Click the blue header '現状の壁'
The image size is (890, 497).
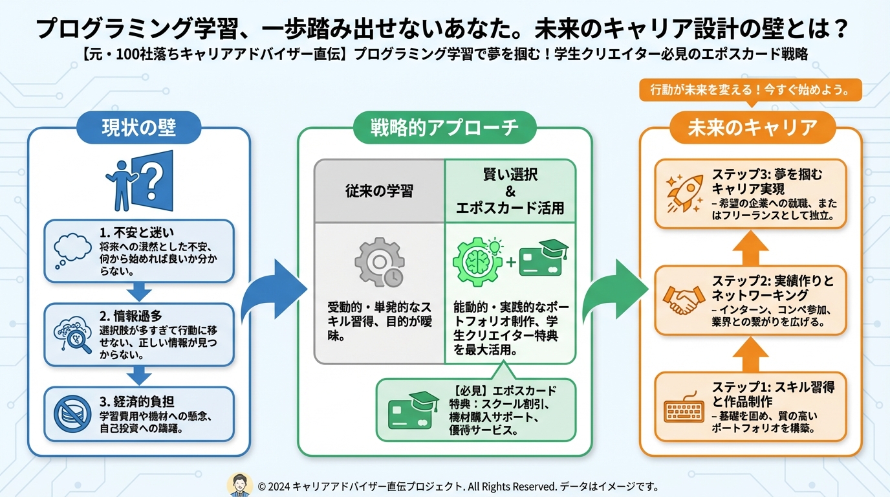point(138,127)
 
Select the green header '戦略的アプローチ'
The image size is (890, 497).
point(444,127)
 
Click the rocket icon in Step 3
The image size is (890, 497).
point(684,192)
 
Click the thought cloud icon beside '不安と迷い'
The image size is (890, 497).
point(71,250)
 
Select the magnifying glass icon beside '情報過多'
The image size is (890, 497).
point(71,334)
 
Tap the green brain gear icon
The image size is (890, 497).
point(477,262)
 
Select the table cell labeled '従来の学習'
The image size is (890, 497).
point(379,192)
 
